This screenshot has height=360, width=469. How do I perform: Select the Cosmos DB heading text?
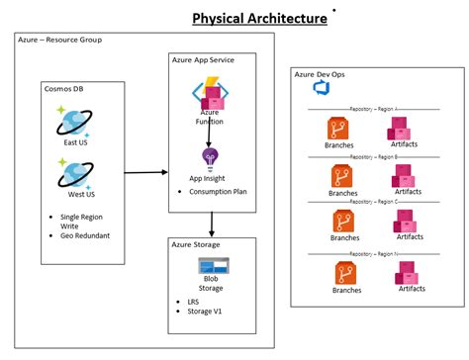(63, 87)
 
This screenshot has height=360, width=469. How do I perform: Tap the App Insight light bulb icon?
(210, 157)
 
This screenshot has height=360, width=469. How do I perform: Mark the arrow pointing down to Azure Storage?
(210, 223)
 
